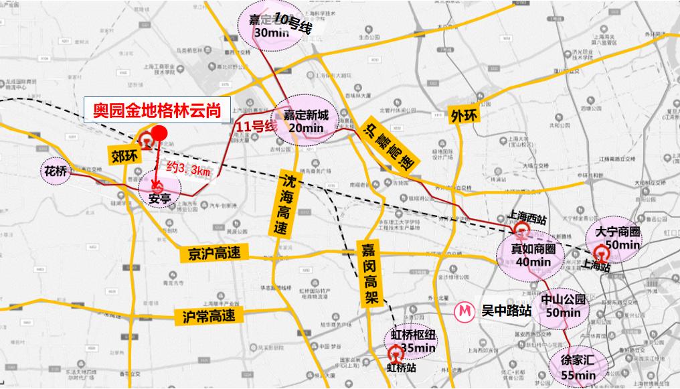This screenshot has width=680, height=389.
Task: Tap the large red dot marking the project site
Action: (x=159, y=134)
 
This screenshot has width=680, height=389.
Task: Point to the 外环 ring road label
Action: (x=465, y=114)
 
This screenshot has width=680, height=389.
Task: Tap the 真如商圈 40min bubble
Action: (x=533, y=254)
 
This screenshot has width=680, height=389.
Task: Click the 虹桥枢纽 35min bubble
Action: (x=413, y=342)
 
